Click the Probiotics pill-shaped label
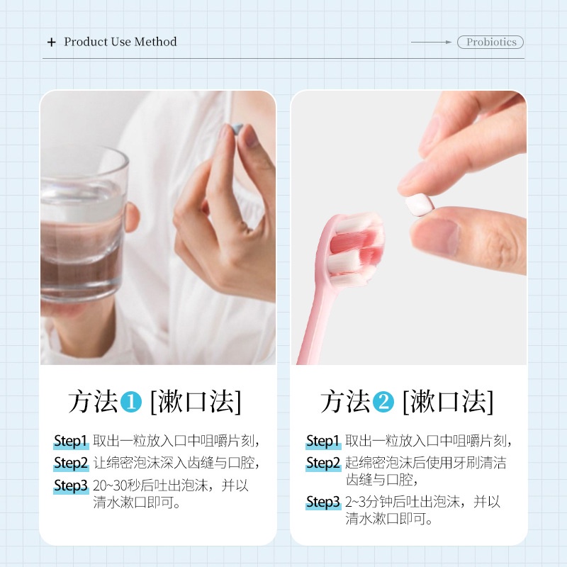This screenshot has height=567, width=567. pos(490,42)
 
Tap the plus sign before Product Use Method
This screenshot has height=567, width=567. pos(52,43)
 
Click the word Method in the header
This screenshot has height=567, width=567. pos(155,42)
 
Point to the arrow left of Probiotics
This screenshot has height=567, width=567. pos(432,42)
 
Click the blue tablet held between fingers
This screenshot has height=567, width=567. pos(237,128)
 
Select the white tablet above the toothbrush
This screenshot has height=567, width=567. pos(419,205)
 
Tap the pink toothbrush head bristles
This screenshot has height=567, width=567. pos(357,247)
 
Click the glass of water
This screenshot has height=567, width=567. pos(83,224)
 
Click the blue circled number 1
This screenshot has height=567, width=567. pos(131,402)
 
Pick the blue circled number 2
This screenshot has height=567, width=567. pos(383,402)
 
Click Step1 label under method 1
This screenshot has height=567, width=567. pos(71,441)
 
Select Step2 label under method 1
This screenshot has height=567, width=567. pos(71,463)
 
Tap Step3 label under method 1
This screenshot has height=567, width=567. pos(71,485)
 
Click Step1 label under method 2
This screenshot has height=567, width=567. pos(323,441)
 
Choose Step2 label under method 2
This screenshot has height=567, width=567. pos(323,463)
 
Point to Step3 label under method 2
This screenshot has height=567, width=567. pos(323,502)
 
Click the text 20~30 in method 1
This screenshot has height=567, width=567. pos(110,485)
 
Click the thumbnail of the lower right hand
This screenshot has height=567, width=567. pos(437,236)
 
